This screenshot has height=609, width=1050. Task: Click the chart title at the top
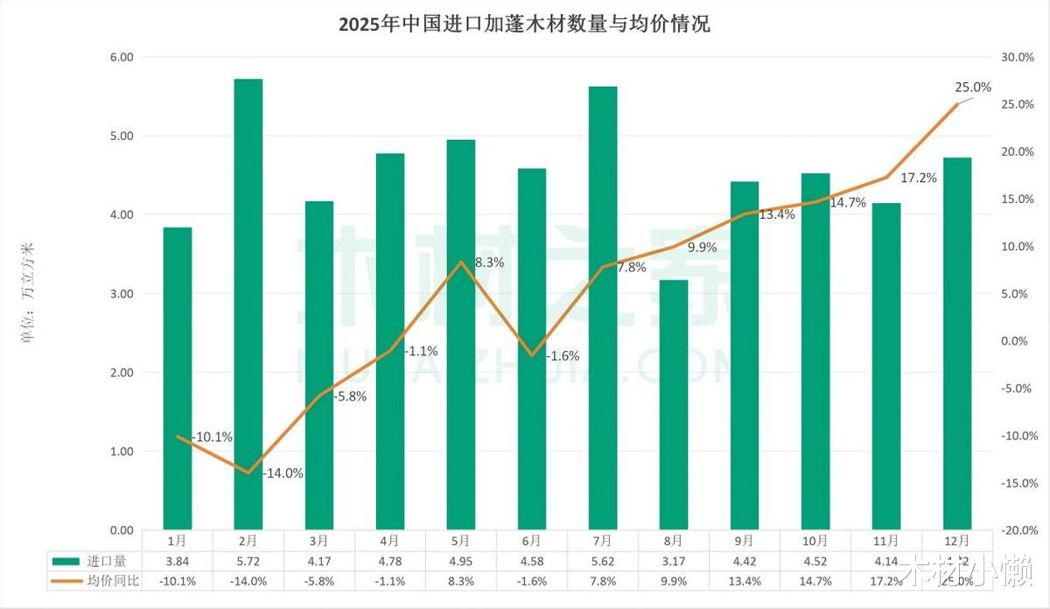coord(524,24)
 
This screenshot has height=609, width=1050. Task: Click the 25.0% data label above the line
coord(973,87)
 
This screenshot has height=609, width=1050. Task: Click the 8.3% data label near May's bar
coord(489,262)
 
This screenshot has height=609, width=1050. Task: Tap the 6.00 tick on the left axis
coord(122,57)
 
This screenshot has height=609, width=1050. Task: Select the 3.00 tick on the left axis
coord(122,294)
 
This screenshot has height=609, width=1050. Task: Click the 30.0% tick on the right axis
coord(1018,57)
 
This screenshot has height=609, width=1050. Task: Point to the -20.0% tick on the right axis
coord(1018,530)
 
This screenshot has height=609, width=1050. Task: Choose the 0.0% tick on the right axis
coord(1018,341)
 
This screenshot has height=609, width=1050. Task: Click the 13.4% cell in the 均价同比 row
coord(745,581)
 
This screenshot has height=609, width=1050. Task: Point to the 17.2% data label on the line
coord(919,178)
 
